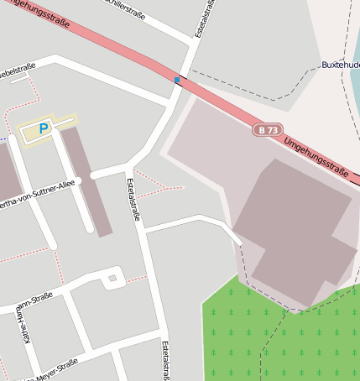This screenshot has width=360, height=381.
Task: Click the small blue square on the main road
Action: pos(176,80)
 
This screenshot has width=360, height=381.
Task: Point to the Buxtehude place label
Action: pos(340,65)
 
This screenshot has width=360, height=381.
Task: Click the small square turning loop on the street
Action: pos(112,277)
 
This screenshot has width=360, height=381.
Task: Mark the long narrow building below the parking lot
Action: pos(86,180)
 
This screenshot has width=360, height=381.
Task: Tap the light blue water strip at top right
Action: pos(355,50)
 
